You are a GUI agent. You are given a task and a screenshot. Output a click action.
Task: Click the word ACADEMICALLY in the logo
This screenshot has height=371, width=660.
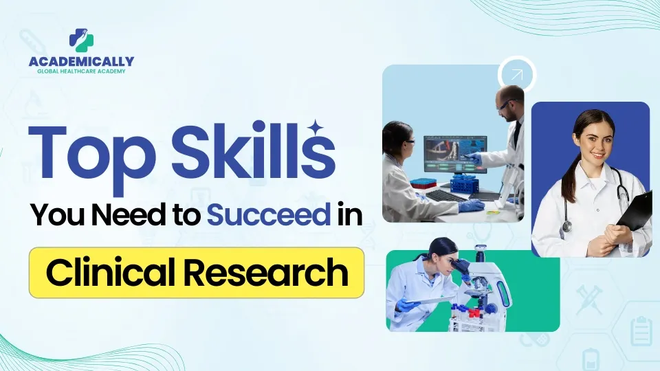coord(81,61)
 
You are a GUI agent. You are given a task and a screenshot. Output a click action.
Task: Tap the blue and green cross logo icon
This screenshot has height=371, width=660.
coord(81,40)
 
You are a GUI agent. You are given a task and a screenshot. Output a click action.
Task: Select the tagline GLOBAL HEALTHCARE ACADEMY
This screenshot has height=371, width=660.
coord(81,71)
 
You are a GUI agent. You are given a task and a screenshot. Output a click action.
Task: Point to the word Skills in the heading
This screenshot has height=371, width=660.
coord(253,150)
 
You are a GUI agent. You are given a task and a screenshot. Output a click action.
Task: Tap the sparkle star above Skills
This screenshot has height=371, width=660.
coord(316,127)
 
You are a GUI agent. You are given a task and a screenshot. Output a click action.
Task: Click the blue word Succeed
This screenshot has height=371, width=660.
coord(269,214)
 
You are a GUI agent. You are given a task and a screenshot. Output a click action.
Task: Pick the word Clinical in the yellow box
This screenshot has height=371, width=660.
coord(110,273)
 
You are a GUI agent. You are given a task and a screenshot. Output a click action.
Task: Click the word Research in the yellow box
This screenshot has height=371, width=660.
coord(266,273)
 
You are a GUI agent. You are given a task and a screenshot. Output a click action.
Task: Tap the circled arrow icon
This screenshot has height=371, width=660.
coord(516,76)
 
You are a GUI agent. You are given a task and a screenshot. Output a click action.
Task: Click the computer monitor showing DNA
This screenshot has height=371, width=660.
coord(455,155)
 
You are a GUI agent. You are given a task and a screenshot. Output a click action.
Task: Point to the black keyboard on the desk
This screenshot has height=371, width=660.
coord(445,196)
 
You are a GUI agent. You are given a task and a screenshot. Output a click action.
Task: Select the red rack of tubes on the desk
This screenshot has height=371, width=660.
coord(425,183)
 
